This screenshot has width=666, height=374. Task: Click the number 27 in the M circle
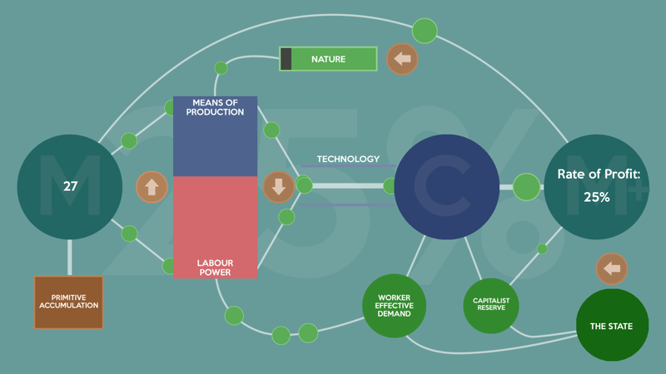click(x=70, y=187)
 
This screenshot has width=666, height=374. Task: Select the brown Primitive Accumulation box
click(x=68, y=302)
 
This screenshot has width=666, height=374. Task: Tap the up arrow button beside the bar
click(x=152, y=187)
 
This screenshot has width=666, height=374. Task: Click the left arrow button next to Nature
click(x=403, y=59)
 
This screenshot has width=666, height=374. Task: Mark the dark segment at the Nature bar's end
click(x=286, y=59)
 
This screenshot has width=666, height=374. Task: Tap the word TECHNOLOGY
click(x=348, y=159)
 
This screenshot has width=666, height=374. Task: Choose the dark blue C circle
click(x=446, y=187)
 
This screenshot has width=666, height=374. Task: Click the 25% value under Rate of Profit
click(x=596, y=198)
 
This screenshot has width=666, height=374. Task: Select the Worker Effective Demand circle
click(x=394, y=305)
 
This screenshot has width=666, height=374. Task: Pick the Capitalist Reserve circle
click(x=491, y=305)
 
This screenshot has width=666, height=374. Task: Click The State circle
click(x=612, y=326)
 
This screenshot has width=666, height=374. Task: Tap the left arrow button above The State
click(x=612, y=269)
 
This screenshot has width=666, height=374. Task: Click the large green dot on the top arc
click(x=425, y=31)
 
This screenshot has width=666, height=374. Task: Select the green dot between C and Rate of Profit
click(x=526, y=187)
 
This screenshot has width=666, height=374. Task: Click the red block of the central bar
click(x=215, y=220)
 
